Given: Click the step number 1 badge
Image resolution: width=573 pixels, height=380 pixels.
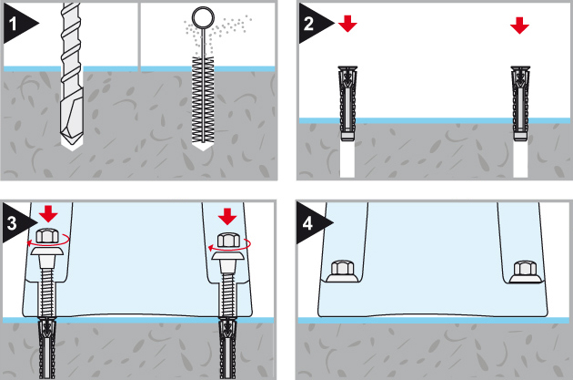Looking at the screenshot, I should tap(15, 27).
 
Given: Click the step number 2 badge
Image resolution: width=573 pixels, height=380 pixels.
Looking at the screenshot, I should tap(310, 24).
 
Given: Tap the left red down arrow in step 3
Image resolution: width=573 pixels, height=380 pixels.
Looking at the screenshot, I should tap(49, 215).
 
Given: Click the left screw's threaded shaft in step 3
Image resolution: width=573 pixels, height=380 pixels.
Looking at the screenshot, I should tap(49, 292).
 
